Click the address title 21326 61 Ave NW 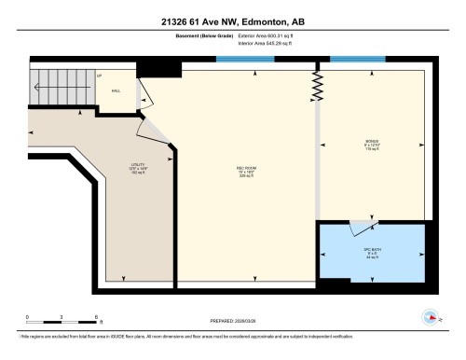point(232,21)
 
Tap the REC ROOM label point(246,170)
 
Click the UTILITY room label point(138,168)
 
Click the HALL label point(116,90)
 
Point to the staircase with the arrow point(62,90)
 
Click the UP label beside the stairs point(99,76)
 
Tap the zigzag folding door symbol point(317,86)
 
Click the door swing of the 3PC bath point(358,228)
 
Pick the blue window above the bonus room point(358,59)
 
